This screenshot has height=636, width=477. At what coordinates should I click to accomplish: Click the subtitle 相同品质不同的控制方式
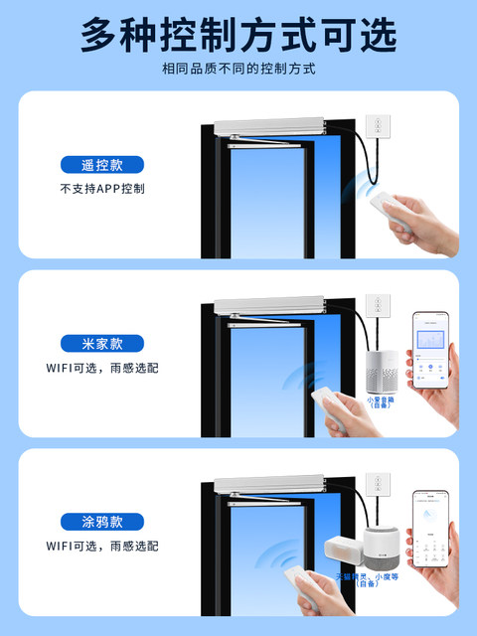238,70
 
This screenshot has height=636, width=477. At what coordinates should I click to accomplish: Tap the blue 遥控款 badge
100,165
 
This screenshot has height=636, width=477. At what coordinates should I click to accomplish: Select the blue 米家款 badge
100,344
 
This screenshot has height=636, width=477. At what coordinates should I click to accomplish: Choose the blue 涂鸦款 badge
100,522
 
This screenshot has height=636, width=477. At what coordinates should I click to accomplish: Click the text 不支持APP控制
100,189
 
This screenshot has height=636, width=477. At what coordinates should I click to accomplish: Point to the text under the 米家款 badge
100,368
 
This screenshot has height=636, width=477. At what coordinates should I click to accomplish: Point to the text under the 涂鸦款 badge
100,546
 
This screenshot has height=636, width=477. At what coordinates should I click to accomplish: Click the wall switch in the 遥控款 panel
378,126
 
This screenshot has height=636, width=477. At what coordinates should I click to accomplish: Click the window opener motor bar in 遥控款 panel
270,128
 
